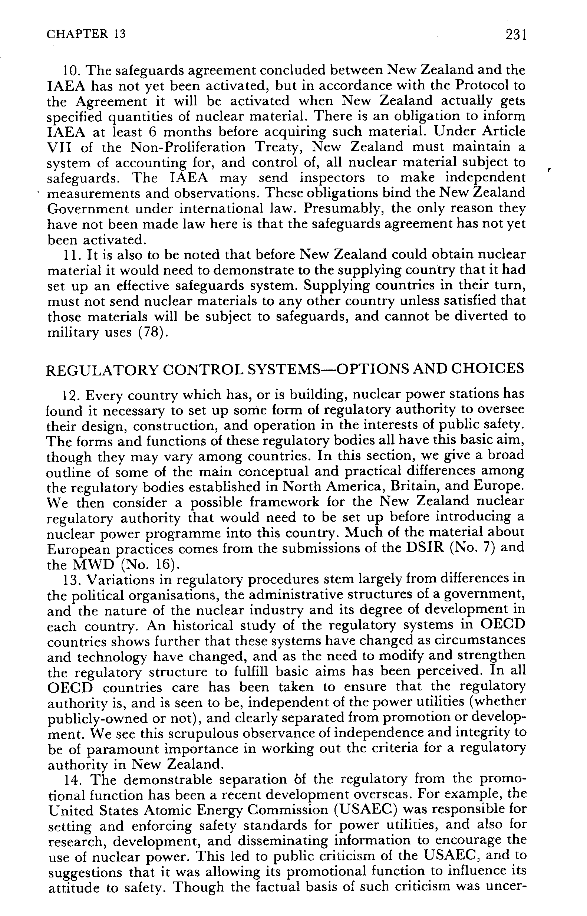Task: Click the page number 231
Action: pyautogui.click(x=516, y=35)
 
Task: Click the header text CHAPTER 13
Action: pyautogui.click(x=86, y=35)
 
